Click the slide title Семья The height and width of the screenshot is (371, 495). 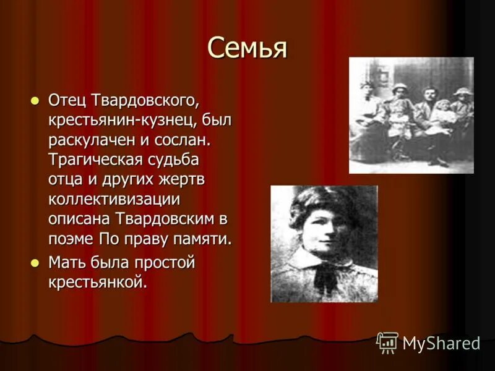point(247,48)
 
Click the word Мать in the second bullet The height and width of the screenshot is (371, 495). point(66,263)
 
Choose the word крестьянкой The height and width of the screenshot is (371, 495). point(98,283)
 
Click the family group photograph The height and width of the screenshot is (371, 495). point(411,115)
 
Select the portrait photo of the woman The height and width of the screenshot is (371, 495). point(324,244)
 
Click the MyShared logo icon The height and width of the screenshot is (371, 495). point(387,343)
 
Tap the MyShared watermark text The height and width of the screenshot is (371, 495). point(442,344)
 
